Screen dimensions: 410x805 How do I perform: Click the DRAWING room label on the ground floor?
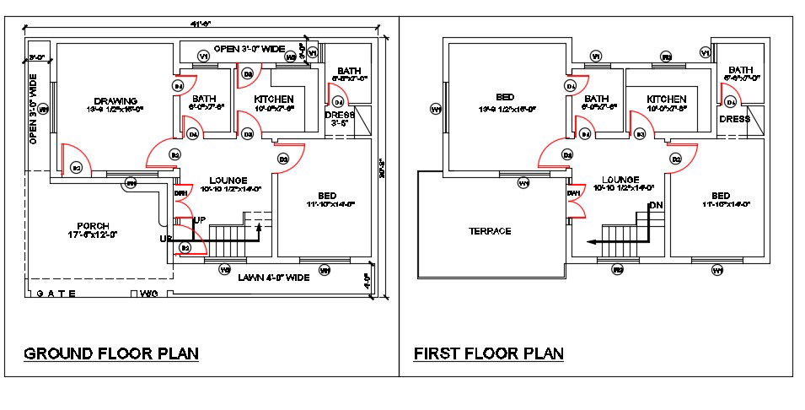pyautogui.click(x=116, y=101)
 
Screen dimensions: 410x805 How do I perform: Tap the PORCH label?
pyautogui.click(x=93, y=226)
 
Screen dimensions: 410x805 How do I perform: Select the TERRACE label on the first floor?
pyautogui.click(x=491, y=231)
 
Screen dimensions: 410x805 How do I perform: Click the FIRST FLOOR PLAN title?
pyautogui.click(x=488, y=353)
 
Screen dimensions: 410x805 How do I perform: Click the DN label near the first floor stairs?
pyautogui.click(x=656, y=205)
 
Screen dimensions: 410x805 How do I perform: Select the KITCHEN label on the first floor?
pyautogui.click(x=668, y=99)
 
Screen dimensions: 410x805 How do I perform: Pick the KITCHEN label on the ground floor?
pyautogui.click(x=274, y=99)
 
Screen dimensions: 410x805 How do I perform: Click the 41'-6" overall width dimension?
pyautogui.click(x=201, y=24)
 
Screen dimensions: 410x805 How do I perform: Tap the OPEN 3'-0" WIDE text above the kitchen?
pyautogui.click(x=249, y=49)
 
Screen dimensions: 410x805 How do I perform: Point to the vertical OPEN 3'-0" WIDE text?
pyautogui.click(x=34, y=110)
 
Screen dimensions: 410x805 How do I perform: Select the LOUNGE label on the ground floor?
pyautogui.click(x=228, y=181)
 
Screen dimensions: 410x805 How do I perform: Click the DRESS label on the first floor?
pyautogui.click(x=734, y=120)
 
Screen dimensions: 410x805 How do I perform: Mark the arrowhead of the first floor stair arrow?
pyautogui.click(x=593, y=242)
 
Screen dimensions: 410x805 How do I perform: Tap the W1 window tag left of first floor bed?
pyautogui.click(x=436, y=110)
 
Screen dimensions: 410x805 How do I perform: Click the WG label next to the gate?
pyautogui.click(x=149, y=294)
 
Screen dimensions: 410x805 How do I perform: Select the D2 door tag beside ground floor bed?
pyautogui.click(x=283, y=159)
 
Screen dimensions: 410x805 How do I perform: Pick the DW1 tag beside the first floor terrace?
pyautogui.click(x=574, y=194)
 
